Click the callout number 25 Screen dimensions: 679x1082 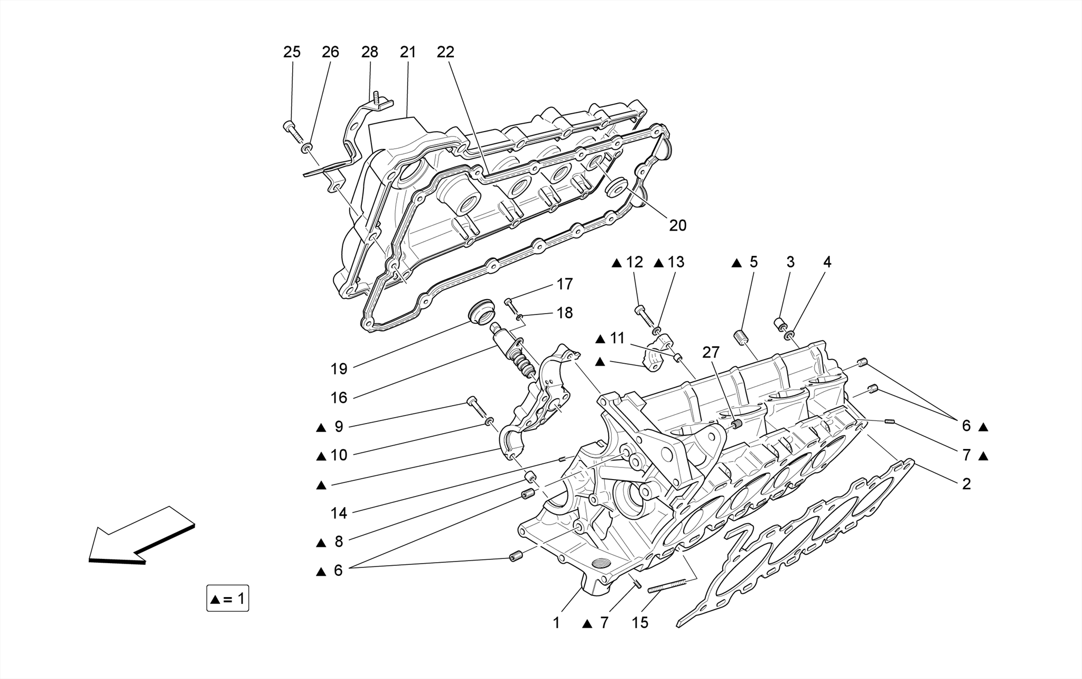pyautogui.click(x=292, y=52)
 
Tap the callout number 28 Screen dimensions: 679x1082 pyautogui.click(x=370, y=52)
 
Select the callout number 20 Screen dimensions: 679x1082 pyautogui.click(x=677, y=225)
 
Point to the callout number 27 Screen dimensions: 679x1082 pyautogui.click(x=711, y=352)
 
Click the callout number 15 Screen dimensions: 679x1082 pyautogui.click(x=640, y=623)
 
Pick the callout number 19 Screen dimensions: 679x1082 pyautogui.click(x=339, y=369)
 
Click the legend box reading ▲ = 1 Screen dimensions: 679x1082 pyautogui.click(x=228, y=599)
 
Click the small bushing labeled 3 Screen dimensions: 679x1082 pyautogui.click(x=779, y=323)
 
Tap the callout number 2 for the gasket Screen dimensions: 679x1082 pyautogui.click(x=966, y=484)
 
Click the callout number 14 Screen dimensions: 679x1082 pyautogui.click(x=339, y=513)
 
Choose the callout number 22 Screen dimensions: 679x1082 pyautogui.click(x=445, y=52)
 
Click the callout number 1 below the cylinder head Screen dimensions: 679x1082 pyautogui.click(x=556, y=623)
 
